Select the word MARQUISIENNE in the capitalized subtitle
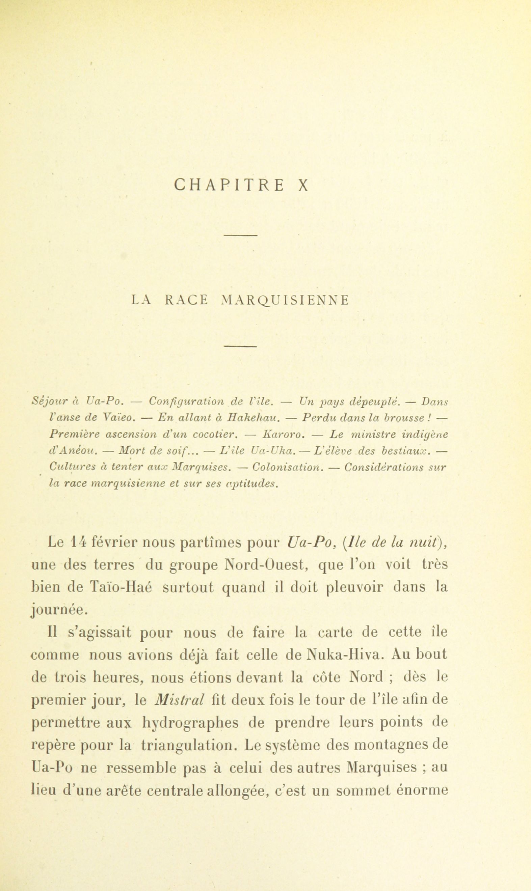[x=285, y=300]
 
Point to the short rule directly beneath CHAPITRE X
[x=241, y=235]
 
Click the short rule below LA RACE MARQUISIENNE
[x=241, y=346]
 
